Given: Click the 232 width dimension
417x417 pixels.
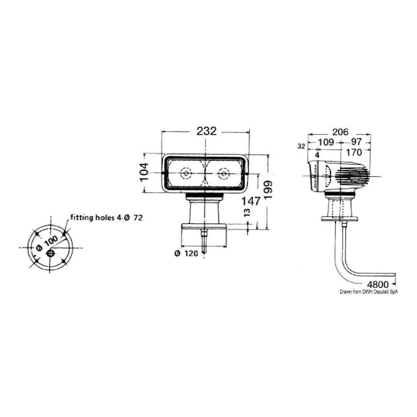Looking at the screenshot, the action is coord(206,131).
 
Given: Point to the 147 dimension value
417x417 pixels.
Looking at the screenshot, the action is coord(250,201).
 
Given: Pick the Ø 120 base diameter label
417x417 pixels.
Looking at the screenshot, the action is coord(186,253).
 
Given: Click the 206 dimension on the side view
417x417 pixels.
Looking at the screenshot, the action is coord(341,132).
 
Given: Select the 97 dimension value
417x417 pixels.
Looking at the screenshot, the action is coord(356,142).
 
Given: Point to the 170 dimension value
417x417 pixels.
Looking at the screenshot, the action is coord(354,153).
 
